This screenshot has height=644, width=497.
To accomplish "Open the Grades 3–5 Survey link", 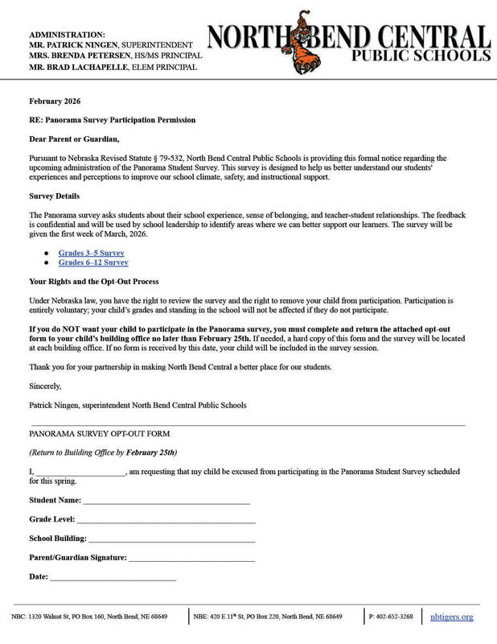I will (x=91, y=253).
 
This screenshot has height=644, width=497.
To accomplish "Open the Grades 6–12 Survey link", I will (x=92, y=262).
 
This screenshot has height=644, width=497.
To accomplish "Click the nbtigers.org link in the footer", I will (x=451, y=617).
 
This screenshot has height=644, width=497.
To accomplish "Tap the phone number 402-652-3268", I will (x=391, y=617).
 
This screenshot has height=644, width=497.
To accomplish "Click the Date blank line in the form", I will (x=113, y=577).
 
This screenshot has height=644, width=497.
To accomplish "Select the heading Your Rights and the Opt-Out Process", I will (x=94, y=282).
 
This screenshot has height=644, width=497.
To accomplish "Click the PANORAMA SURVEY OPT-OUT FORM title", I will (x=99, y=434).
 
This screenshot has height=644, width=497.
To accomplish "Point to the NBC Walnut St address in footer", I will (x=89, y=617).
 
